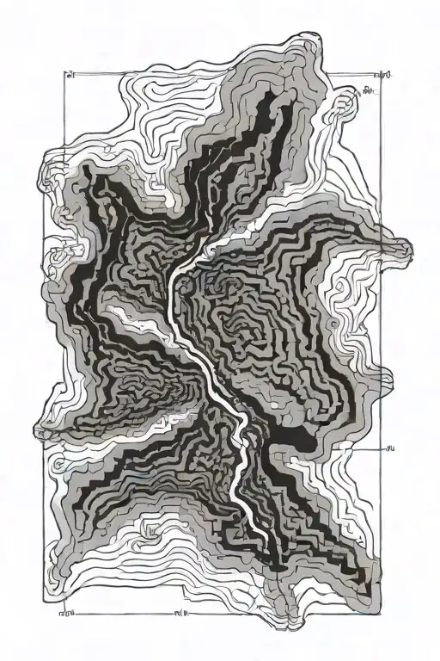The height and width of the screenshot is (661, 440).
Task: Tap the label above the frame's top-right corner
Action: pos(386,76)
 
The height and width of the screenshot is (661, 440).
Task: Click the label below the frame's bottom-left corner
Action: pos(64,615)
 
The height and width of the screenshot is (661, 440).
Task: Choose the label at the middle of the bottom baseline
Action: pos(181,615)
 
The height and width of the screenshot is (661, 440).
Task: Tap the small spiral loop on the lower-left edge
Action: pos(58,466)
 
